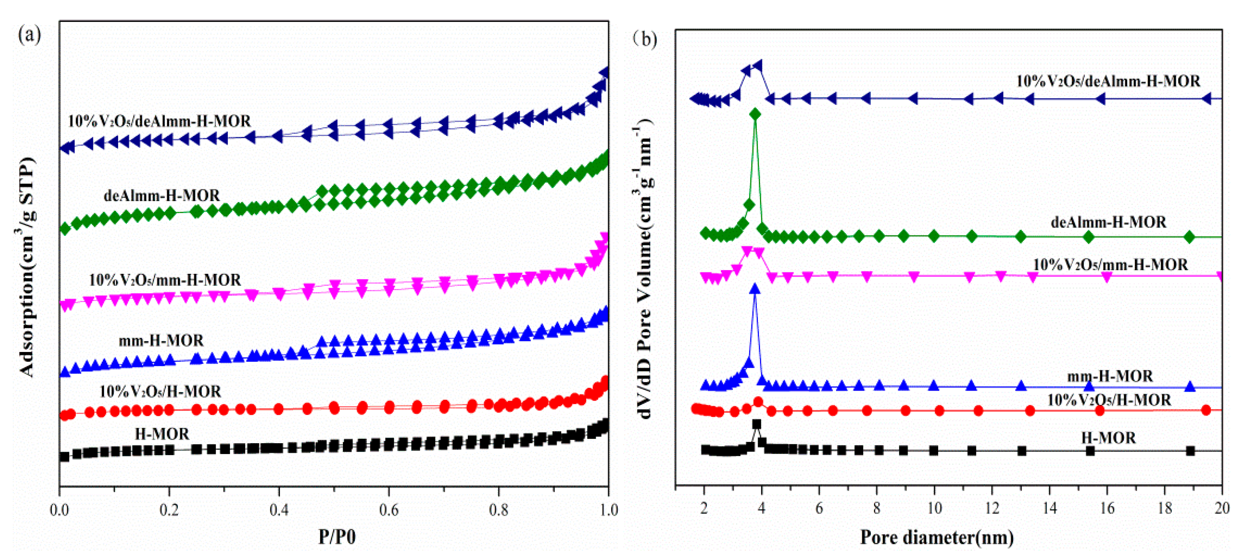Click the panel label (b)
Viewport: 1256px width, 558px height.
pos(645,39)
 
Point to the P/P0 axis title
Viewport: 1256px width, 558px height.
pos(337,536)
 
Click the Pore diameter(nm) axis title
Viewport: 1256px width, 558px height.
pos(937,537)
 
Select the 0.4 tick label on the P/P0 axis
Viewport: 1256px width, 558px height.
pos(279,510)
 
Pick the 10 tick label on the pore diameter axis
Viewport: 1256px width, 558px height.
pos(934,508)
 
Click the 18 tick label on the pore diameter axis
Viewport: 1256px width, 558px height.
pos(1164,508)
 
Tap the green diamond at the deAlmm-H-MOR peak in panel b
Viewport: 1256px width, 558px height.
pos(755,114)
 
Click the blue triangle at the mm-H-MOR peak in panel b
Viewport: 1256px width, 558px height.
pos(755,289)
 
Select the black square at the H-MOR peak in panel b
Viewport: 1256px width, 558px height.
pos(756,424)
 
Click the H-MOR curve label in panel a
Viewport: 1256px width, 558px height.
pos(162,434)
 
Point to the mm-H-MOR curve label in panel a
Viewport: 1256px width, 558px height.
pos(161,340)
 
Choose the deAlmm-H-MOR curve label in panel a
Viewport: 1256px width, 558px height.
pos(162,195)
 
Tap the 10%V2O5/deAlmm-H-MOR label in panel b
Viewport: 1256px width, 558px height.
pos(1108,81)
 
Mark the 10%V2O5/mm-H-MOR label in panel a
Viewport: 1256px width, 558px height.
pos(165,280)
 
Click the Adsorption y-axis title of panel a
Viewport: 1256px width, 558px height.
pos(27,267)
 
